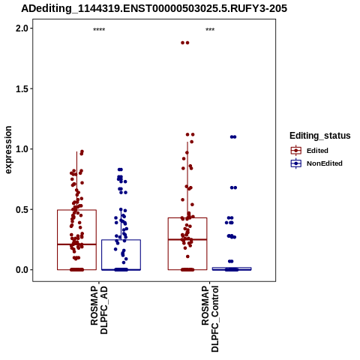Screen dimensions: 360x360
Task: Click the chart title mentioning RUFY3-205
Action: pyautogui.click(x=154, y=9)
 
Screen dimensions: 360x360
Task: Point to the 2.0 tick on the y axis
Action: pyautogui.click(x=22, y=28)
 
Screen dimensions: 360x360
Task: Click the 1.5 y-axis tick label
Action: pyautogui.click(x=22, y=89)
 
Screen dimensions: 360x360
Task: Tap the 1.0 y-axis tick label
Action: pyautogui.click(x=22, y=149)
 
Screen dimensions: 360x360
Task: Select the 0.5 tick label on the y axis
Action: pyautogui.click(x=22, y=209)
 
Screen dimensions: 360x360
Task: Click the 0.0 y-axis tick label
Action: pyautogui.click(x=22, y=270)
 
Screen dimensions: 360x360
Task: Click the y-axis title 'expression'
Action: pyautogui.click(x=8, y=150)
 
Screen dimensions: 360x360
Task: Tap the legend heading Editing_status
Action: pyautogui.click(x=319, y=136)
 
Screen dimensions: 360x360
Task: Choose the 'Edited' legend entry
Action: pyautogui.click(x=317, y=151)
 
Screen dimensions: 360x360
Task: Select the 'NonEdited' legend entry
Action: pyautogui.click(x=325, y=163)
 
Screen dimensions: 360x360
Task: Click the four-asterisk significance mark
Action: pyautogui.click(x=99, y=30)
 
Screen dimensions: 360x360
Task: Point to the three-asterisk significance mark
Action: pyautogui.click(x=210, y=30)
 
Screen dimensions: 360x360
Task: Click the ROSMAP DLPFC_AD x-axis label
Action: pyautogui.click(x=99, y=310)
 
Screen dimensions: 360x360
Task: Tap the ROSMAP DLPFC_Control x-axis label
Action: pyautogui.click(x=210, y=319)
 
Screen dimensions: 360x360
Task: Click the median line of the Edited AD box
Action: pyautogui.click(x=76, y=244)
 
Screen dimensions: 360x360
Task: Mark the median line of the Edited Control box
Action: pyautogui.click(x=187, y=239)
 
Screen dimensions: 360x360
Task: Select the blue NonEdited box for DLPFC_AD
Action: pyautogui.click(x=121, y=255)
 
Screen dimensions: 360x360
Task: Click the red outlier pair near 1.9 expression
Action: pyautogui.click(x=185, y=43)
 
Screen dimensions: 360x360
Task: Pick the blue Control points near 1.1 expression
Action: pyautogui.click(x=233, y=136)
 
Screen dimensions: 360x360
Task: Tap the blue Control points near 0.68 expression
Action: pyautogui.click(x=233, y=187)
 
